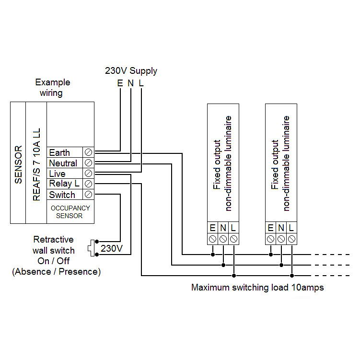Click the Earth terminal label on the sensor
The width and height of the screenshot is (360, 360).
[x=59, y=152]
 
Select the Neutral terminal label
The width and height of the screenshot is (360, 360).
[x=63, y=163]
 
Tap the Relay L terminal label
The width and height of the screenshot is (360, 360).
[x=64, y=184]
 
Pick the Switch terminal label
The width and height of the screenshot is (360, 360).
[x=62, y=195]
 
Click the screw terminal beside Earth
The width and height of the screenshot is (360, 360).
[x=89, y=152]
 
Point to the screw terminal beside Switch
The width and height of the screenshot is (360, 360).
[x=89, y=195]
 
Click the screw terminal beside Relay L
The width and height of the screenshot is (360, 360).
[x=89, y=184]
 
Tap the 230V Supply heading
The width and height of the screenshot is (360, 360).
[x=131, y=71]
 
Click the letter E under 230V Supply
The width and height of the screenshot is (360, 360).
[x=120, y=83]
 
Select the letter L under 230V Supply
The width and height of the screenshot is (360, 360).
[x=141, y=83]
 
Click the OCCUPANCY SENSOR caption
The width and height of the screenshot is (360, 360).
[x=70, y=212]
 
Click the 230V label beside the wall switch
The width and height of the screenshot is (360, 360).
[x=112, y=249]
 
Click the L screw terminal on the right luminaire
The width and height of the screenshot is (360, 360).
[x=291, y=239]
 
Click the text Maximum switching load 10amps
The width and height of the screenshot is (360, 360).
[x=257, y=288]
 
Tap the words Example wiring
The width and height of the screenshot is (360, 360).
[x=52, y=87]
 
